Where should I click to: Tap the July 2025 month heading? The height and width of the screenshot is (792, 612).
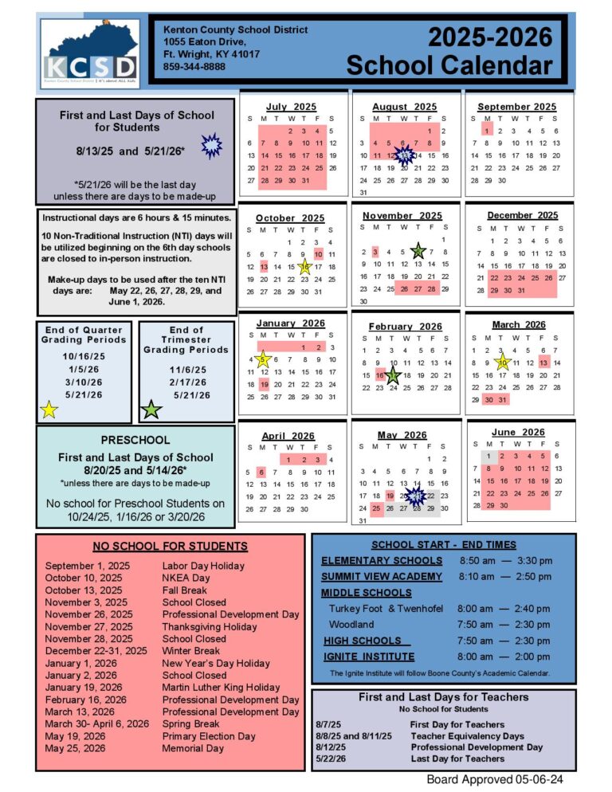[x=290, y=107]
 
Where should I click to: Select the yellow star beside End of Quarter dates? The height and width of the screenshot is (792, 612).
[x=49, y=410]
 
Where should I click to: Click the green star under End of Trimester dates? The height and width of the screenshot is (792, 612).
[x=151, y=410]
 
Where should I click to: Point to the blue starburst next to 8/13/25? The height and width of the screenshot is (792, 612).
[x=211, y=146]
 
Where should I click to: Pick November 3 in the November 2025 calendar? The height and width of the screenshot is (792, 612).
[x=375, y=252]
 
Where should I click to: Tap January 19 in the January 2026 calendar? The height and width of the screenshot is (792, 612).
[x=265, y=384]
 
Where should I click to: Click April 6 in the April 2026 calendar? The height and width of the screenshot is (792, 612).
[x=261, y=472]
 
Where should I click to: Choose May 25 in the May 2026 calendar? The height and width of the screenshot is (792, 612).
[x=376, y=508]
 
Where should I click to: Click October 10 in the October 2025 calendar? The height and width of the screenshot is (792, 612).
[x=319, y=254]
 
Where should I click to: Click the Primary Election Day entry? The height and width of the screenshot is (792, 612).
[x=209, y=736]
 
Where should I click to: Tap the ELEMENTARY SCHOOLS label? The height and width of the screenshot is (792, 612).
[x=381, y=560]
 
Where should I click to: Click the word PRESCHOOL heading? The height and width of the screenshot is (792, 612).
[x=135, y=440]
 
